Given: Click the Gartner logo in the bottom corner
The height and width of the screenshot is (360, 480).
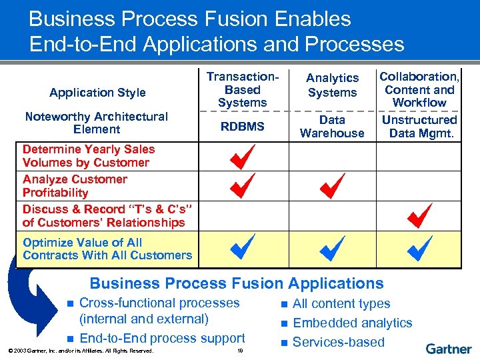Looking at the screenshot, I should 449,349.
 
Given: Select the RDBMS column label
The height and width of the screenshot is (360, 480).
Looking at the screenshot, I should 242,127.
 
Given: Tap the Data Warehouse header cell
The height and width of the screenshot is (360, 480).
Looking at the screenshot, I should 332,127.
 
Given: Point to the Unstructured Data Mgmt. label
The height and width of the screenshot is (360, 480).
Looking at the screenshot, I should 419,127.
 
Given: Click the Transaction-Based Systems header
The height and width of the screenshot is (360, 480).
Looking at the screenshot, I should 242,89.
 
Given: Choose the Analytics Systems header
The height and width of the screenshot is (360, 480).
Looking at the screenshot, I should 332,86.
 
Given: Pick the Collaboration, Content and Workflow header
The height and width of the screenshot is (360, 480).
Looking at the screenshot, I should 419,89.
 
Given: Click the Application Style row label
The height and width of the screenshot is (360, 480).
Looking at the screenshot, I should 97,93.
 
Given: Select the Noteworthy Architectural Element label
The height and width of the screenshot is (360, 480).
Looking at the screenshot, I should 97,123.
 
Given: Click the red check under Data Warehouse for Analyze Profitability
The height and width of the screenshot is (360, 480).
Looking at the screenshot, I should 331,186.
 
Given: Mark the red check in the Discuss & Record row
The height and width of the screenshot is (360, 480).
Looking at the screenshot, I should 419,216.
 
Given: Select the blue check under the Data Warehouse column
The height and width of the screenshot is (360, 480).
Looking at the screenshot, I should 331,249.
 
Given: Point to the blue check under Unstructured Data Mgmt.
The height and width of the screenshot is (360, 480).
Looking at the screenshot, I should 419,248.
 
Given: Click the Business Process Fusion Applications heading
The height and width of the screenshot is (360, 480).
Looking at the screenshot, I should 237,283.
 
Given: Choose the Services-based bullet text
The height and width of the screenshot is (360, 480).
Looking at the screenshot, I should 339,342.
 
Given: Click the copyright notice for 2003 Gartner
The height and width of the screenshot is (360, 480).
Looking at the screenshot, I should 78,351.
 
